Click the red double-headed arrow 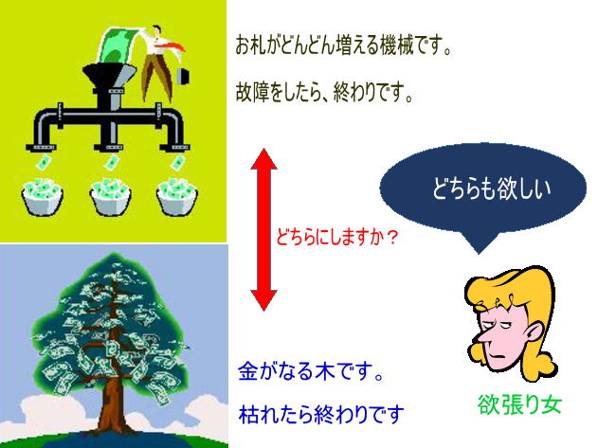[263, 230]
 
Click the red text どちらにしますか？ [336, 238]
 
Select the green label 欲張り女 [520, 404]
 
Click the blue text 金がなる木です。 [311, 371]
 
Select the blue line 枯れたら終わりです [321, 415]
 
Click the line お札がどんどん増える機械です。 [343, 45]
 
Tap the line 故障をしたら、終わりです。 [324, 92]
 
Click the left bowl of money [42, 196]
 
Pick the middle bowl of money [111, 196]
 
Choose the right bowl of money [177, 196]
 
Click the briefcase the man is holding [183, 76]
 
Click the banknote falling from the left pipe [43, 163]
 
